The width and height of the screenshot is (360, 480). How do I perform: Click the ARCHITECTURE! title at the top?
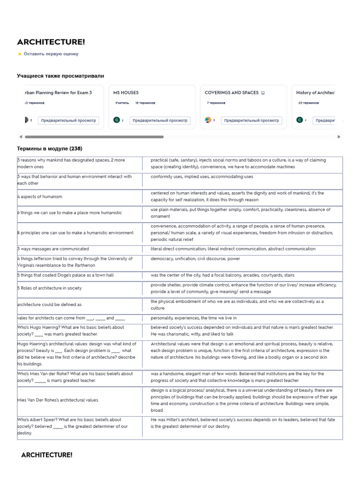click(51, 42)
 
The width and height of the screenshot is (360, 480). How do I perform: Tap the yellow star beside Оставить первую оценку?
click(19, 54)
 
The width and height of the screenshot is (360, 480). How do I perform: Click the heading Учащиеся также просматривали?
click(60, 76)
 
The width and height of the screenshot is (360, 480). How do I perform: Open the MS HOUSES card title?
click(126, 93)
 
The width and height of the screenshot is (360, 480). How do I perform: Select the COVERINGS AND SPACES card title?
click(232, 93)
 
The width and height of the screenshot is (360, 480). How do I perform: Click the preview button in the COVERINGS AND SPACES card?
click(251, 120)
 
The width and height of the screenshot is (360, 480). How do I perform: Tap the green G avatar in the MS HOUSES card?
click(117, 120)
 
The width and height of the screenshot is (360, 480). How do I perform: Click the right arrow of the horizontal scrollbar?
click(339, 137)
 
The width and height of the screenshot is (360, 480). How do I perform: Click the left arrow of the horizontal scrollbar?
click(20, 137)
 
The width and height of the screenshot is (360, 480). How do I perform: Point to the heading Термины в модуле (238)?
click(50, 149)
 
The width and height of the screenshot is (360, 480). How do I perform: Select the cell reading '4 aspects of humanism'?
click(40, 197)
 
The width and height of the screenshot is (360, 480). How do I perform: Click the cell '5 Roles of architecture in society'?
click(49, 288)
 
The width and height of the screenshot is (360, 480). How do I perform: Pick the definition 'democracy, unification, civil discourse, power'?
click(195, 258)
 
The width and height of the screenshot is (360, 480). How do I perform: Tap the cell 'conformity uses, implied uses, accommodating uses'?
click(202, 177)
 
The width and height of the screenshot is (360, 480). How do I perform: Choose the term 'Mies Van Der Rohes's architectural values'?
click(58, 400)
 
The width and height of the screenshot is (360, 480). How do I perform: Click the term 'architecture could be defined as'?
click(49, 305)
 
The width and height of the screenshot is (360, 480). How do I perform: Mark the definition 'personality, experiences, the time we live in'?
click(194, 318)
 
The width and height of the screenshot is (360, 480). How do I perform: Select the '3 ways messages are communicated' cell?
click(53, 249)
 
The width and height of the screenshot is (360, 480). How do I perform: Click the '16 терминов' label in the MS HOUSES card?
click(145, 103)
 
